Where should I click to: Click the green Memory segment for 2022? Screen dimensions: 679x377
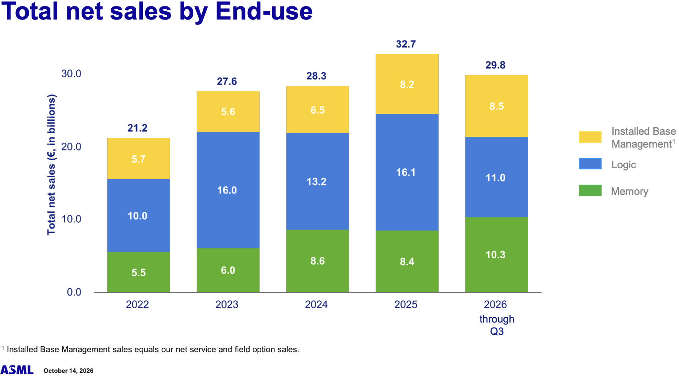138,272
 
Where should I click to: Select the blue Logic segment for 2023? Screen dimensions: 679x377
228,190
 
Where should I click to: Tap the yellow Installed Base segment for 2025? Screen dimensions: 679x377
407,84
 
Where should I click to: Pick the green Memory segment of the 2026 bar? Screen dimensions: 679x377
496,255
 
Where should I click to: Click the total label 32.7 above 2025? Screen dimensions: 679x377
406,44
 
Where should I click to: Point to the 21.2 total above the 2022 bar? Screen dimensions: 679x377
137,128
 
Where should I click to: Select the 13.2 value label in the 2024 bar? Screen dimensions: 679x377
316,182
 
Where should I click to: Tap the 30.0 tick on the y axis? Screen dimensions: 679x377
71,74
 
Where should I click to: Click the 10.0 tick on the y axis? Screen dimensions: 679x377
71,219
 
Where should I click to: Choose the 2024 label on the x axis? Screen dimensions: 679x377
316,304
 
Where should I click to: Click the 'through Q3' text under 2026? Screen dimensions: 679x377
497,325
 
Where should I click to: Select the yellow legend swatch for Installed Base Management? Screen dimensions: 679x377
590,137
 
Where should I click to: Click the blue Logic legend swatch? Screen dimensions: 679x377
590,164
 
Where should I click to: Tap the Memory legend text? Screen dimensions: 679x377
629,192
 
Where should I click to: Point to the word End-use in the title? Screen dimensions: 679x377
264,11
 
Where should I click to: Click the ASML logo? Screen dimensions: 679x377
17,370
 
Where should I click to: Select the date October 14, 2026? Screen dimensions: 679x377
68,371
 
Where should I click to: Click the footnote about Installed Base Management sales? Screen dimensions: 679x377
150,350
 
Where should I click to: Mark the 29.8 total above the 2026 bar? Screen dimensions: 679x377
496,65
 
